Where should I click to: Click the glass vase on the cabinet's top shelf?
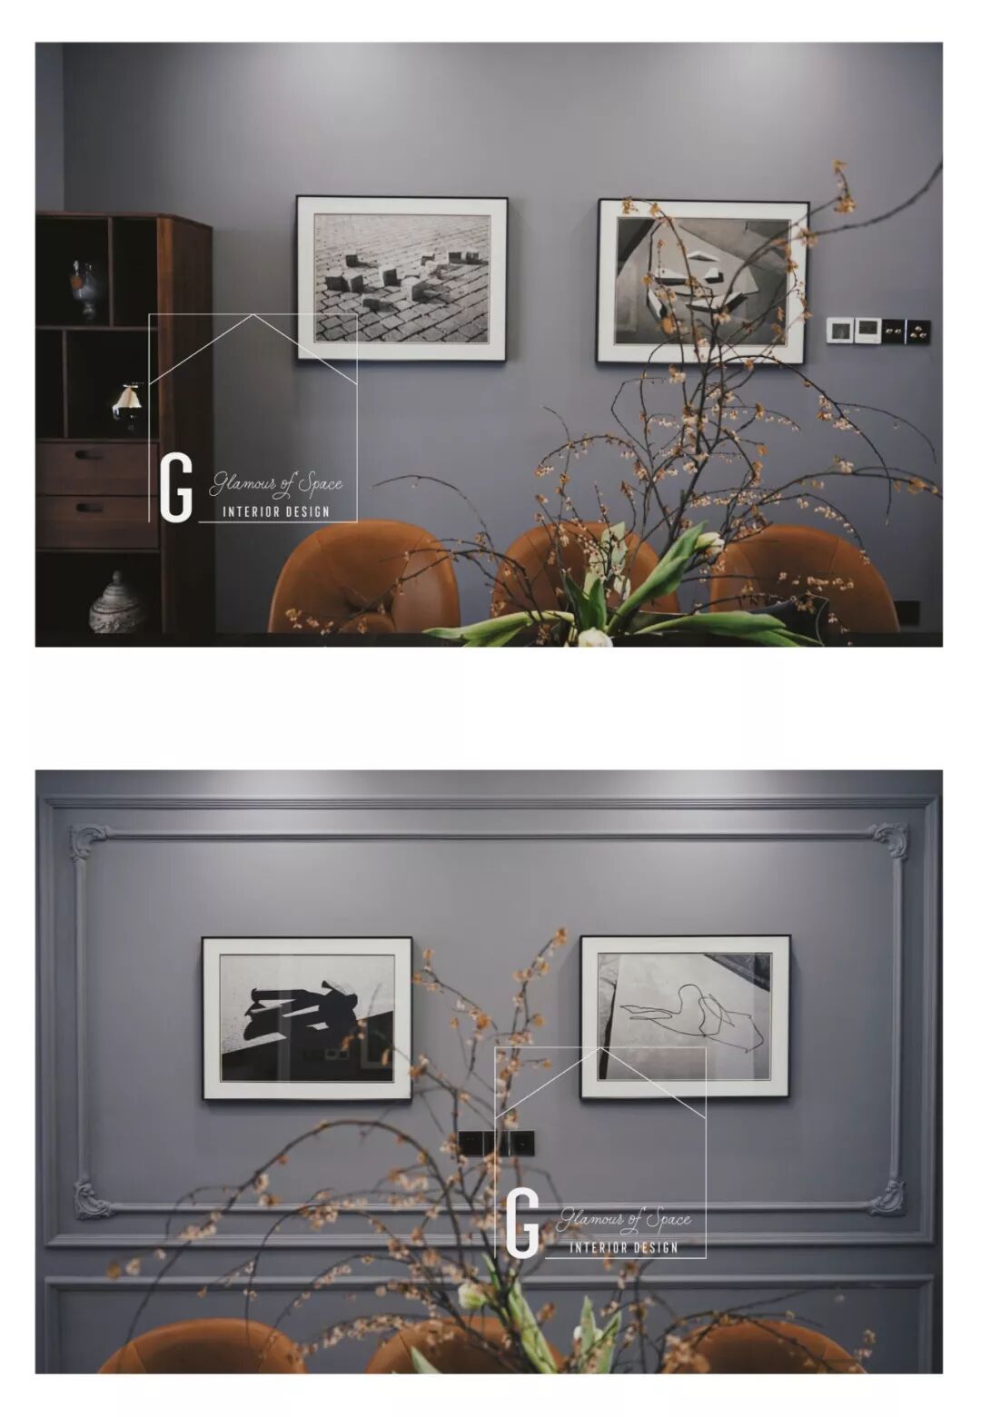[85, 290]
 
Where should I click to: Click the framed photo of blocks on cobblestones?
[401, 278]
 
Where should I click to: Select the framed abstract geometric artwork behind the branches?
[703, 282]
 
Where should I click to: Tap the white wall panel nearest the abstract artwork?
[839, 329]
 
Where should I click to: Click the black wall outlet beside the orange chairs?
[906, 611]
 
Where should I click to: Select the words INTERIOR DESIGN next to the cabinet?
[276, 511]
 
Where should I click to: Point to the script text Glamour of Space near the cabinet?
[276, 484]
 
